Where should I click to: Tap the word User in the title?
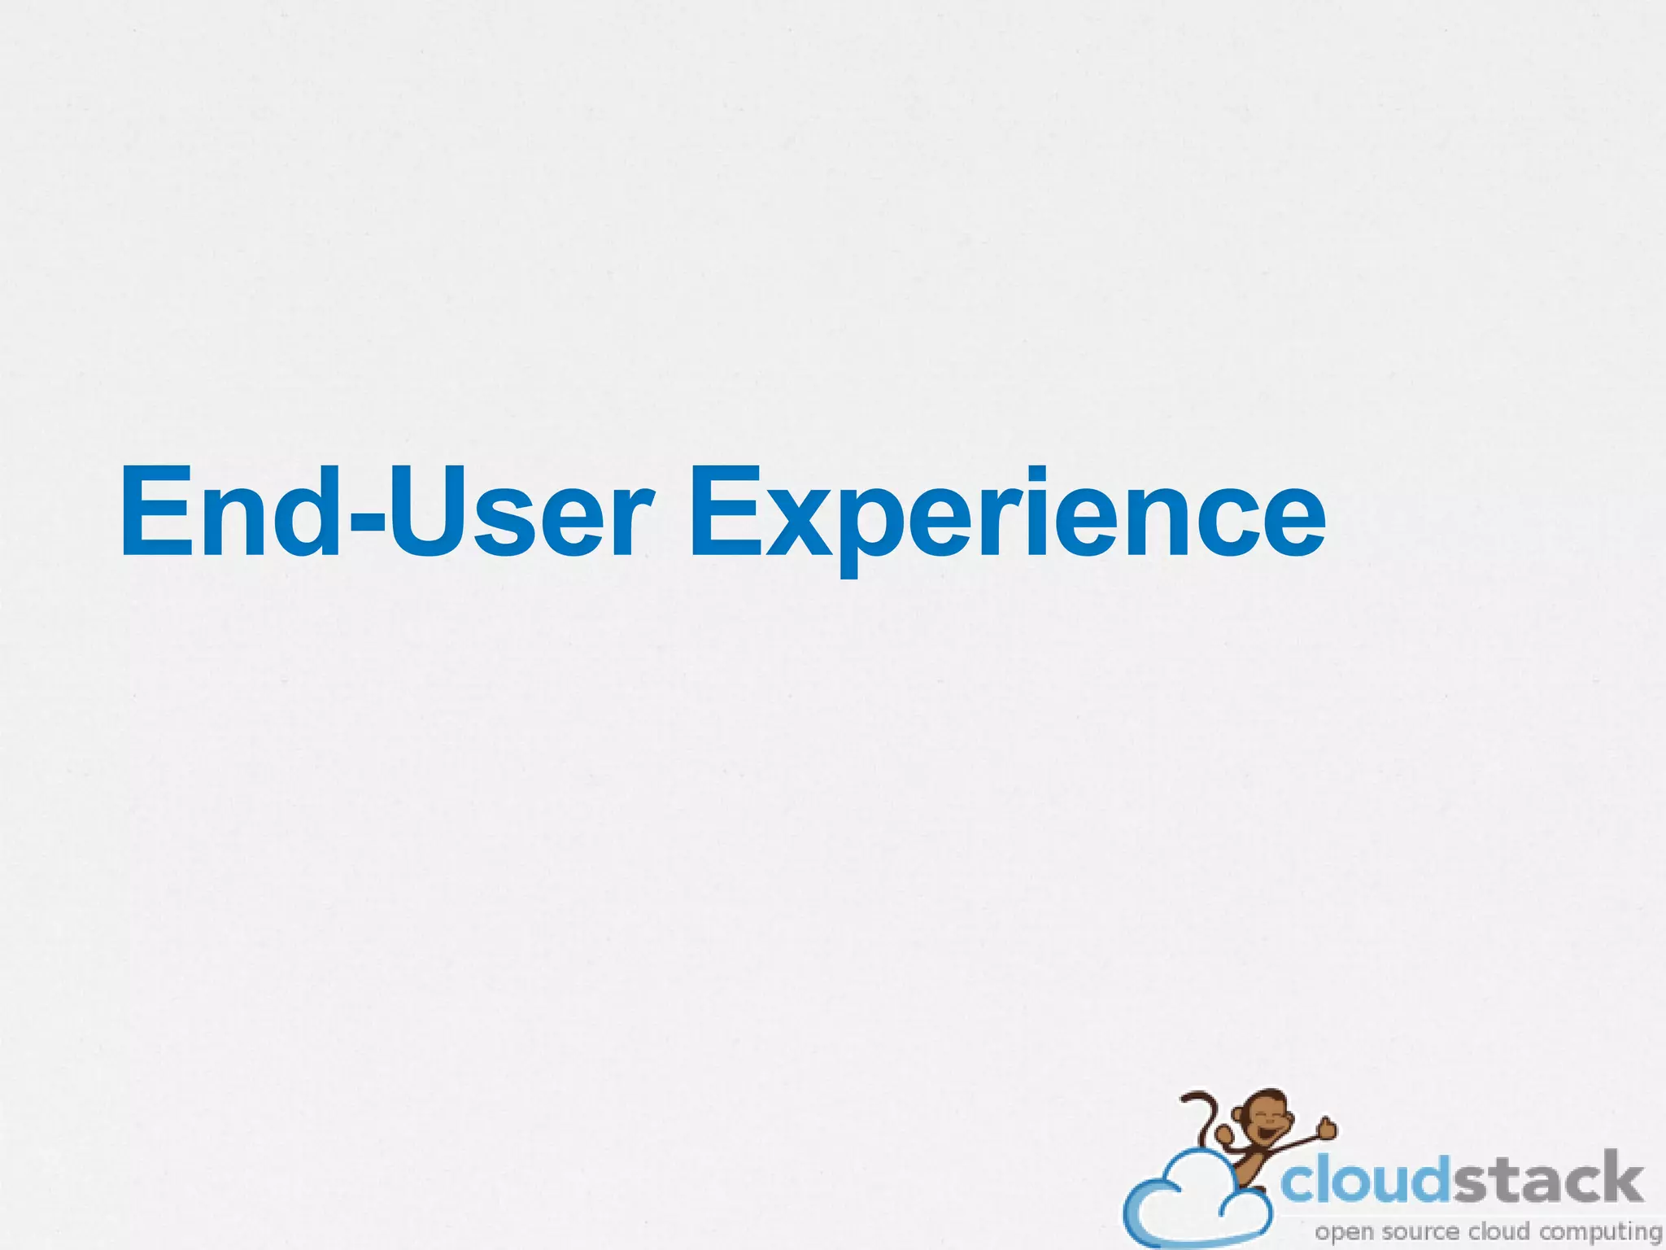pyautogui.click(x=521, y=513)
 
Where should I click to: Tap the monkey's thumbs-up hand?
pyautogui.click(x=1327, y=1127)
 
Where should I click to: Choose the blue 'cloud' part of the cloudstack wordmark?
pyautogui.click(x=1367, y=1181)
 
